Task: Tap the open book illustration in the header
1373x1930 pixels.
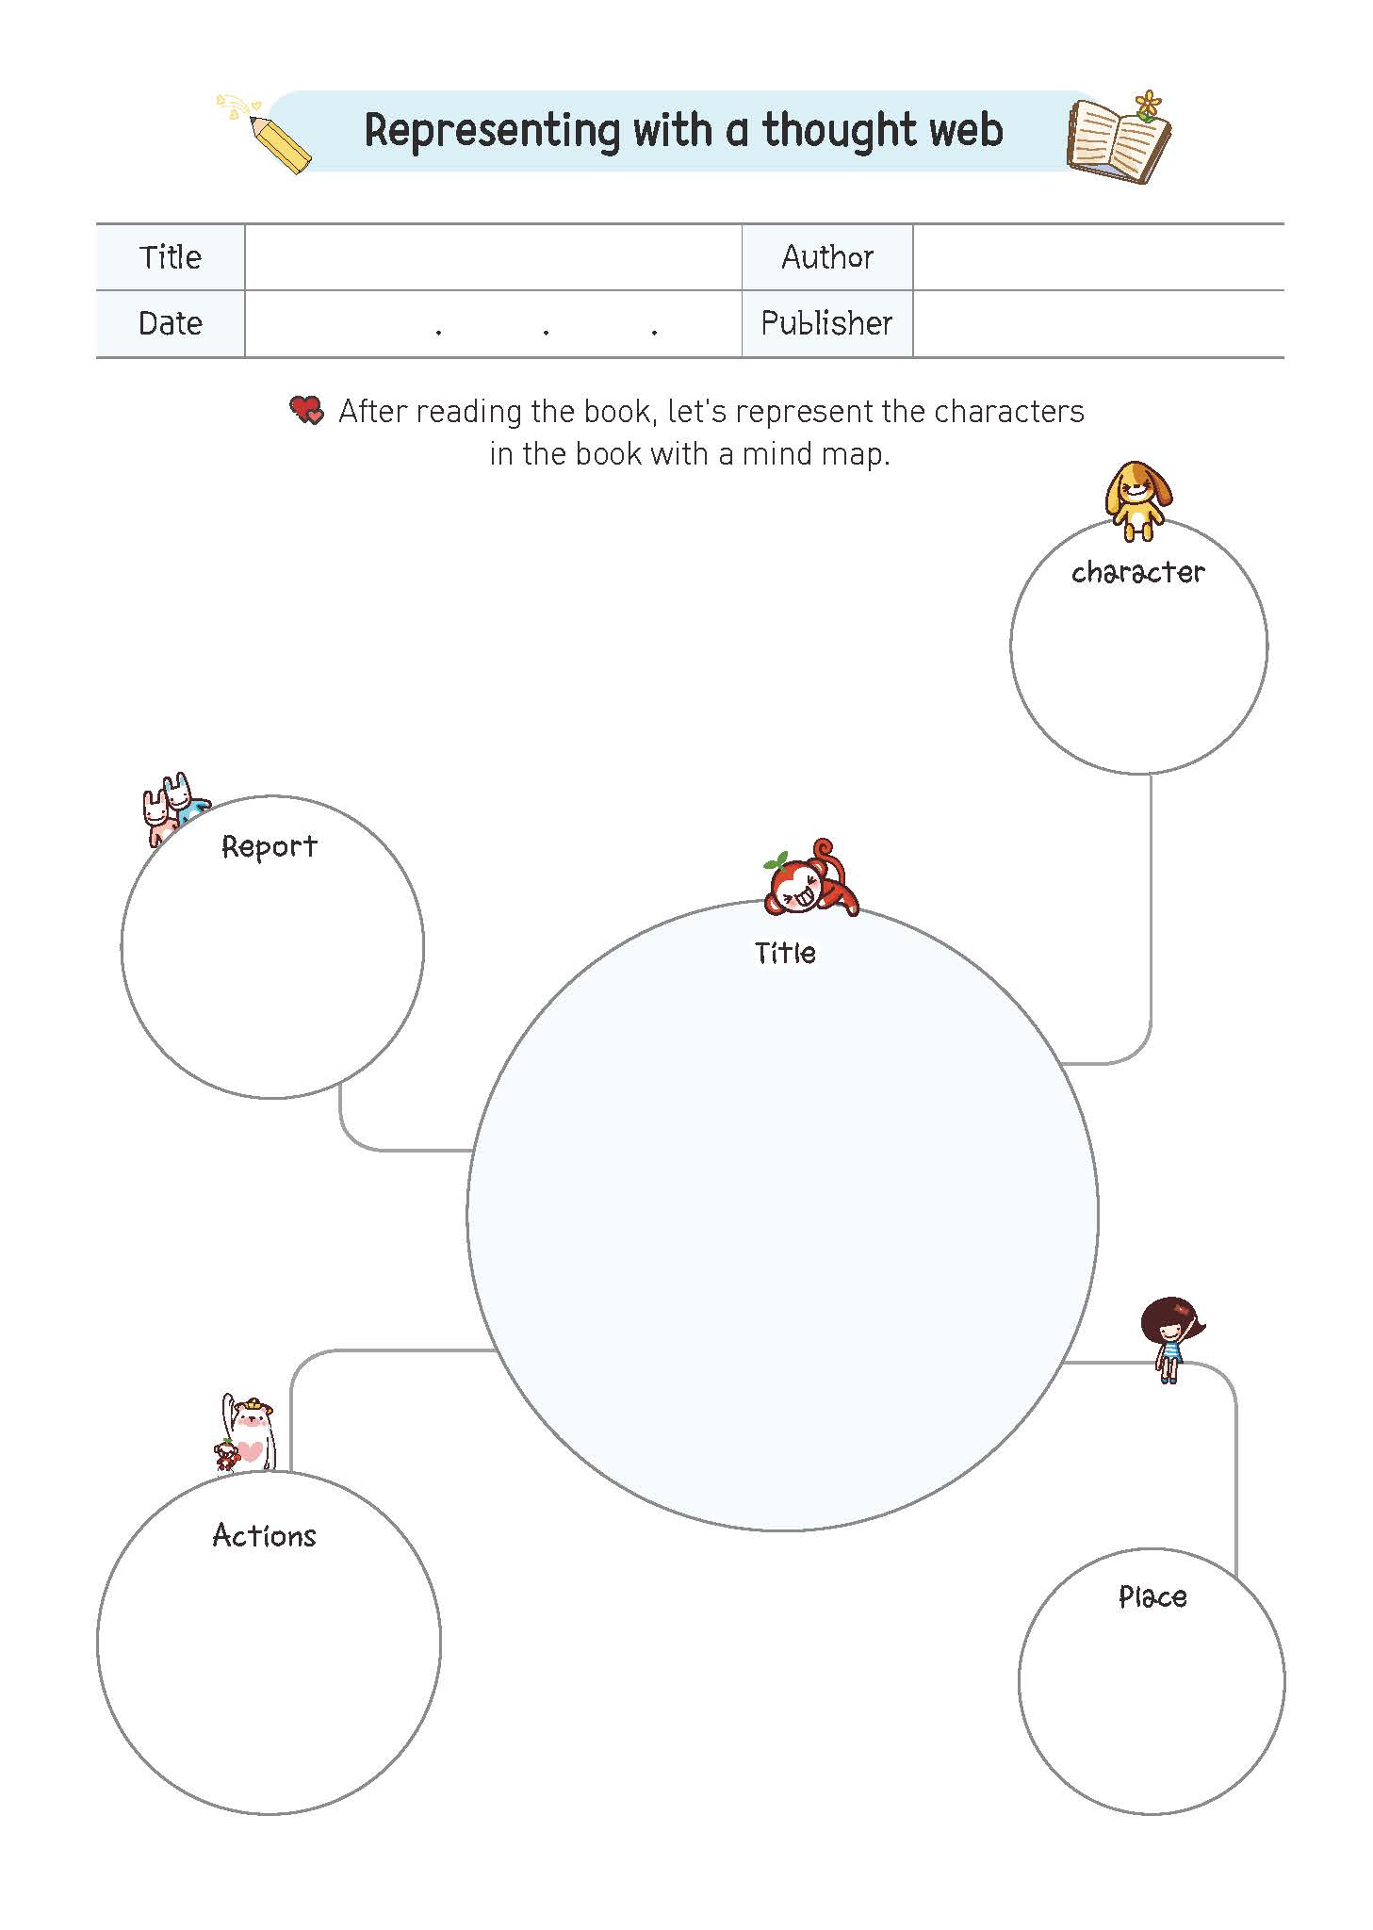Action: tap(1119, 139)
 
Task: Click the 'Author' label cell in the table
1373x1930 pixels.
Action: tap(827, 257)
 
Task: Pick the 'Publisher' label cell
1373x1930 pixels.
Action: tap(827, 323)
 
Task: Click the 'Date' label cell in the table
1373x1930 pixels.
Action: tap(171, 323)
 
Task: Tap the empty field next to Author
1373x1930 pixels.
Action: tap(1098, 257)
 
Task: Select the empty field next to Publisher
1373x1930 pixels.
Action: tap(1098, 323)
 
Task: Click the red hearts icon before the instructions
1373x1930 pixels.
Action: tap(306, 410)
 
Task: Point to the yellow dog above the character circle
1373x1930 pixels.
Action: tap(1138, 500)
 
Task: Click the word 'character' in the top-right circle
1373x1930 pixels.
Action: tap(1138, 572)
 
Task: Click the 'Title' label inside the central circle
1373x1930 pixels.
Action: tap(785, 953)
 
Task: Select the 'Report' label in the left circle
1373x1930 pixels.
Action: tap(270, 846)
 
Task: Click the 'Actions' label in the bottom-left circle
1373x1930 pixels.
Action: tap(265, 1535)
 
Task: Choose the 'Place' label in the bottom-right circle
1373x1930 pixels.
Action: tap(1152, 1596)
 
